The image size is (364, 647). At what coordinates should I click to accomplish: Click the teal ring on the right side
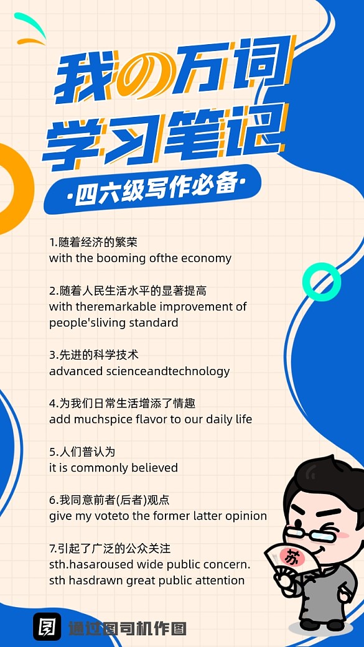[x=321, y=282]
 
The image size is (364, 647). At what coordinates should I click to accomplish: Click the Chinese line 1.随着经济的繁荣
[x=93, y=242]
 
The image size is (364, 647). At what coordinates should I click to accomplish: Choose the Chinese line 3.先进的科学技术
[x=94, y=355]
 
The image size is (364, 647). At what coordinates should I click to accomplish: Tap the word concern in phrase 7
[x=227, y=565]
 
